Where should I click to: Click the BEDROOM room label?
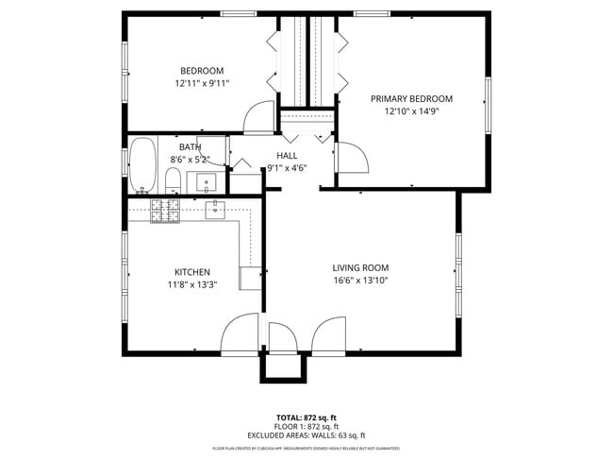[x=202, y=71]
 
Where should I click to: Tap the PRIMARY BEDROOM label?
[x=411, y=99]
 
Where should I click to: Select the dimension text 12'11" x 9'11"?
[x=202, y=84]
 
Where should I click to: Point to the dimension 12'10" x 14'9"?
[x=411, y=111]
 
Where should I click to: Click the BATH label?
[x=191, y=147]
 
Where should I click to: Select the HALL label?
[x=287, y=156]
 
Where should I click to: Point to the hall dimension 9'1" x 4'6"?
[x=287, y=168]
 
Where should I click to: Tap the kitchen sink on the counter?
[x=215, y=209]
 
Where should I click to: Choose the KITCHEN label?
[x=191, y=272]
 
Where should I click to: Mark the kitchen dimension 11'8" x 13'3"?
[x=192, y=284]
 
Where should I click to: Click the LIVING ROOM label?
[x=360, y=267]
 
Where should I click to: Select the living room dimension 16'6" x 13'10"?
[x=360, y=281]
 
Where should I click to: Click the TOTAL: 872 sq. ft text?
[x=306, y=417]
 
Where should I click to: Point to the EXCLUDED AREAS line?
[x=306, y=435]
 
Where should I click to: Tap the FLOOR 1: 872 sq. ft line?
[x=306, y=426]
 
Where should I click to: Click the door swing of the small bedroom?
[x=257, y=117]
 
